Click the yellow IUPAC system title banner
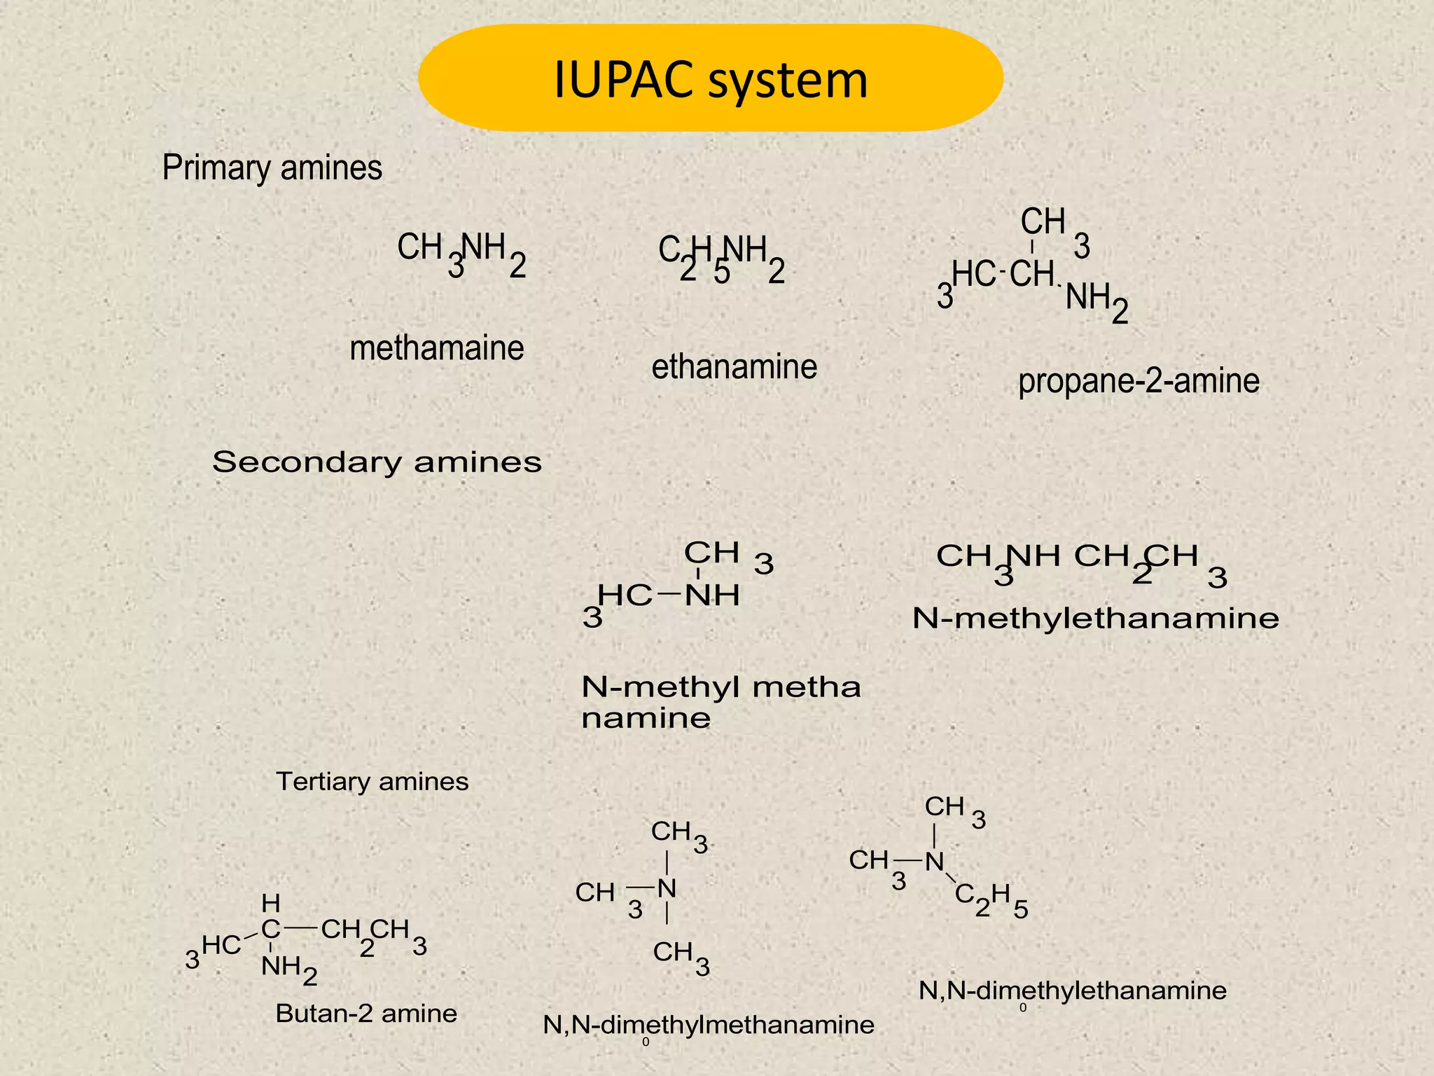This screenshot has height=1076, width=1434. pos(710,78)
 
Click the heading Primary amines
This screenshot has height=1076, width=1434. pos(272,168)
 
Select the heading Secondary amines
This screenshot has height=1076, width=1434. pos(377,462)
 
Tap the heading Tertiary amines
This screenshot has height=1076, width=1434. pos(372,782)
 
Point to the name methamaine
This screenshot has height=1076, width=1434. pos(436,348)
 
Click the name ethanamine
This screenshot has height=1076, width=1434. pos(734,367)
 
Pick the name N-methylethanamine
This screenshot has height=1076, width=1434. pos(1096,619)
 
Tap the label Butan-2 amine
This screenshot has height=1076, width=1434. pos(366,1014)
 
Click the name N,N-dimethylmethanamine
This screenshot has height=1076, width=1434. pos(709,1026)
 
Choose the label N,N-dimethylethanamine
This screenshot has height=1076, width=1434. pos(1072,991)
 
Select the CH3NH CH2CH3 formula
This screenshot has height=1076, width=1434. pos(1081,564)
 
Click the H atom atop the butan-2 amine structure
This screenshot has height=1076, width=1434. pos(270,903)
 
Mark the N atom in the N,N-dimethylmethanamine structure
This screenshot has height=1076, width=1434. pos(667,890)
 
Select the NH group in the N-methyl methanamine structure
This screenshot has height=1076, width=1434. pos(712,596)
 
